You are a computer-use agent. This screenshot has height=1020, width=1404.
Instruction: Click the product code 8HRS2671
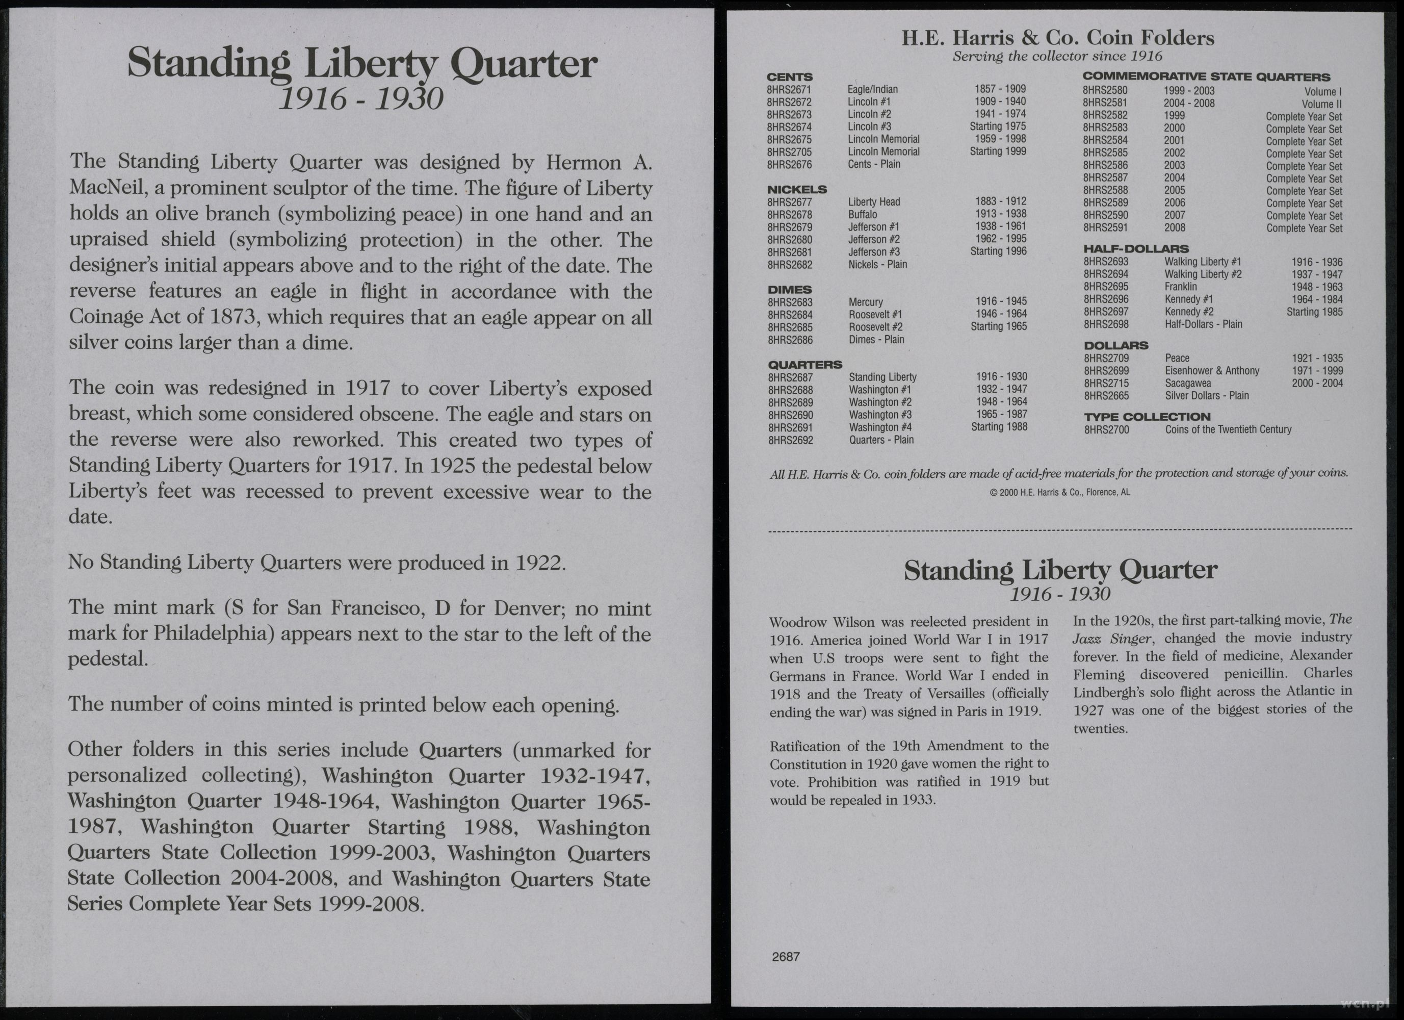click(x=789, y=90)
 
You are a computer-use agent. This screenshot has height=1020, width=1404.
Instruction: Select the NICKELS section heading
click(x=797, y=189)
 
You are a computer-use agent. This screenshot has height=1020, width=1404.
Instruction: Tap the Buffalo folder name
click(x=863, y=214)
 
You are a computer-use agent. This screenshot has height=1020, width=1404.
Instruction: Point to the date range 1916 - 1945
click(x=1001, y=301)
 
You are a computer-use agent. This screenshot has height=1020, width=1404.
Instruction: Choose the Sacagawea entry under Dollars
click(x=1188, y=384)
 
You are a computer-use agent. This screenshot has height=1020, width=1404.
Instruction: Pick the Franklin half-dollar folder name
click(x=1181, y=287)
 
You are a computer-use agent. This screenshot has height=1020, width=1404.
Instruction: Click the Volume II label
click(x=1321, y=104)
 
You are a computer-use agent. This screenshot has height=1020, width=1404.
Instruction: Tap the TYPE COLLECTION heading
click(x=1147, y=417)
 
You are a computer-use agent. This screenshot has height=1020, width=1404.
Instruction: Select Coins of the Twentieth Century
click(x=1228, y=429)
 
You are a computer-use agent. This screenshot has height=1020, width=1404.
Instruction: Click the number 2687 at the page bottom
click(x=786, y=957)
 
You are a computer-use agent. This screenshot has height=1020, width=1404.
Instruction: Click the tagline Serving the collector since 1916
click(x=1057, y=57)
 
